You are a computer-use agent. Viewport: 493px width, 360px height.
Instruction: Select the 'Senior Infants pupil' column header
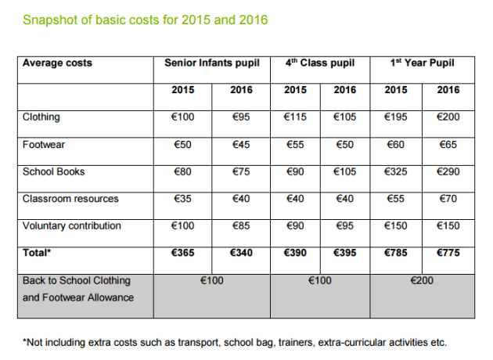(x=212, y=63)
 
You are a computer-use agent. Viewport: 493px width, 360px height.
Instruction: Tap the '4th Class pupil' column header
(x=319, y=63)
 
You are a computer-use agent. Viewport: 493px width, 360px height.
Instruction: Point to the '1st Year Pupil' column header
(x=422, y=63)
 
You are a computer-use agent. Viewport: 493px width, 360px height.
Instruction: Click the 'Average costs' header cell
(x=57, y=63)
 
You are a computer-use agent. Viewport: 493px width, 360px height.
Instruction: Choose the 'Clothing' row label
(x=41, y=117)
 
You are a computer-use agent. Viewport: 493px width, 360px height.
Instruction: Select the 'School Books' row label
(x=53, y=171)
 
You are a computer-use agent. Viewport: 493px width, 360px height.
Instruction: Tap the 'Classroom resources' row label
(x=70, y=199)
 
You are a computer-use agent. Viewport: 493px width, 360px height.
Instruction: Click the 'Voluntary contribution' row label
(x=72, y=226)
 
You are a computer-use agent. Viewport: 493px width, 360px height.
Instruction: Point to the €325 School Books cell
(x=396, y=171)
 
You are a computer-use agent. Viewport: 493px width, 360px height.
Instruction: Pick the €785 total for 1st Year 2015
(x=396, y=253)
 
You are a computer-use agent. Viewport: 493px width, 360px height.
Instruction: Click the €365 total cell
(x=183, y=253)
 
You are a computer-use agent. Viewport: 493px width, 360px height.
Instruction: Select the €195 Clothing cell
(x=396, y=117)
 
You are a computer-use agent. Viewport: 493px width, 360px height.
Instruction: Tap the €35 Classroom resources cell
(x=183, y=199)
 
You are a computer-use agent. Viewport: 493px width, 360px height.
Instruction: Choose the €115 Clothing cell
(x=295, y=117)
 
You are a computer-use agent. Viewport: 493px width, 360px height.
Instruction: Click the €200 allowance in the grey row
(x=423, y=280)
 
